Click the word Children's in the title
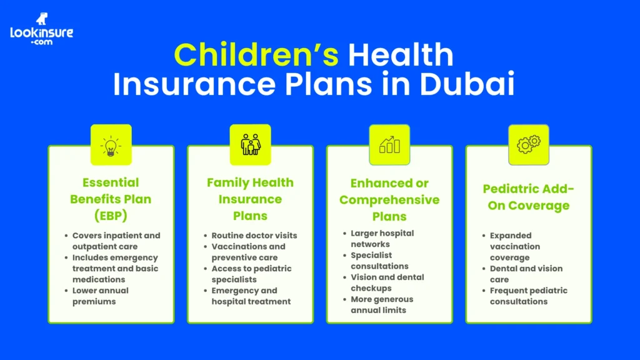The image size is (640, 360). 256,55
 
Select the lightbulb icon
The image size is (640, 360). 111,144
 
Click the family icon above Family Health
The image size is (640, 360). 250,144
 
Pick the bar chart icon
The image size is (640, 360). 389,144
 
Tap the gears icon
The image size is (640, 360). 528,144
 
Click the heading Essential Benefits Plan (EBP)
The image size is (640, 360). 111,199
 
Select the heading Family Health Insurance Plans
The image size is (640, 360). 250,199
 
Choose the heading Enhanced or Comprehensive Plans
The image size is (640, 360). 389,200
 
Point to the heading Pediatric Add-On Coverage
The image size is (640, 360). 528,197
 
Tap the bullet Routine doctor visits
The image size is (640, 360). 254,236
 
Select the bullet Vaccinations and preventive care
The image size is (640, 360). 248,252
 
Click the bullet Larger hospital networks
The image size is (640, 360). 382,239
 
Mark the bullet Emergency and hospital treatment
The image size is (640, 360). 251,296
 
